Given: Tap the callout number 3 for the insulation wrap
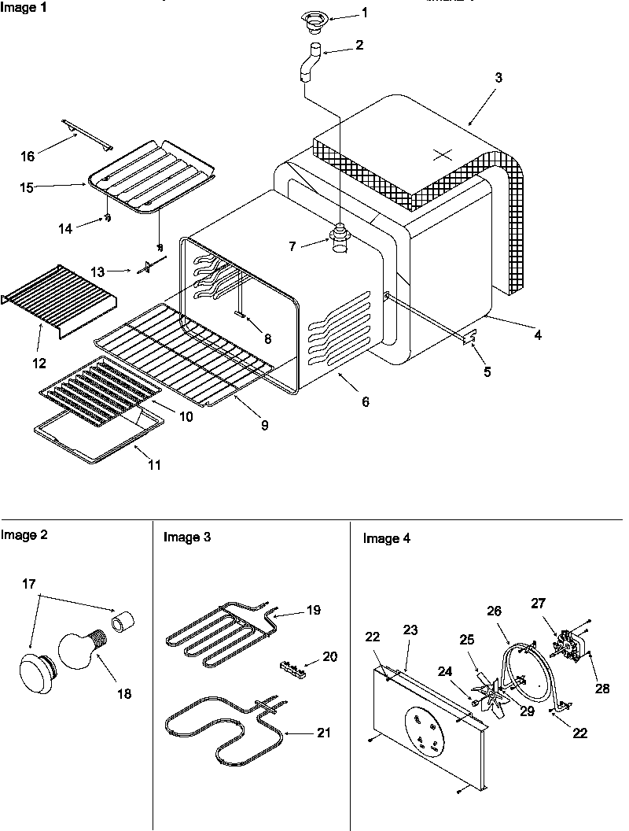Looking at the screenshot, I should pos(498,78).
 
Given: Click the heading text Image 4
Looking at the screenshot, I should pos(386,539).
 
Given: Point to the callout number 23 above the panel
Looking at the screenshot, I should pos(410,630).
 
